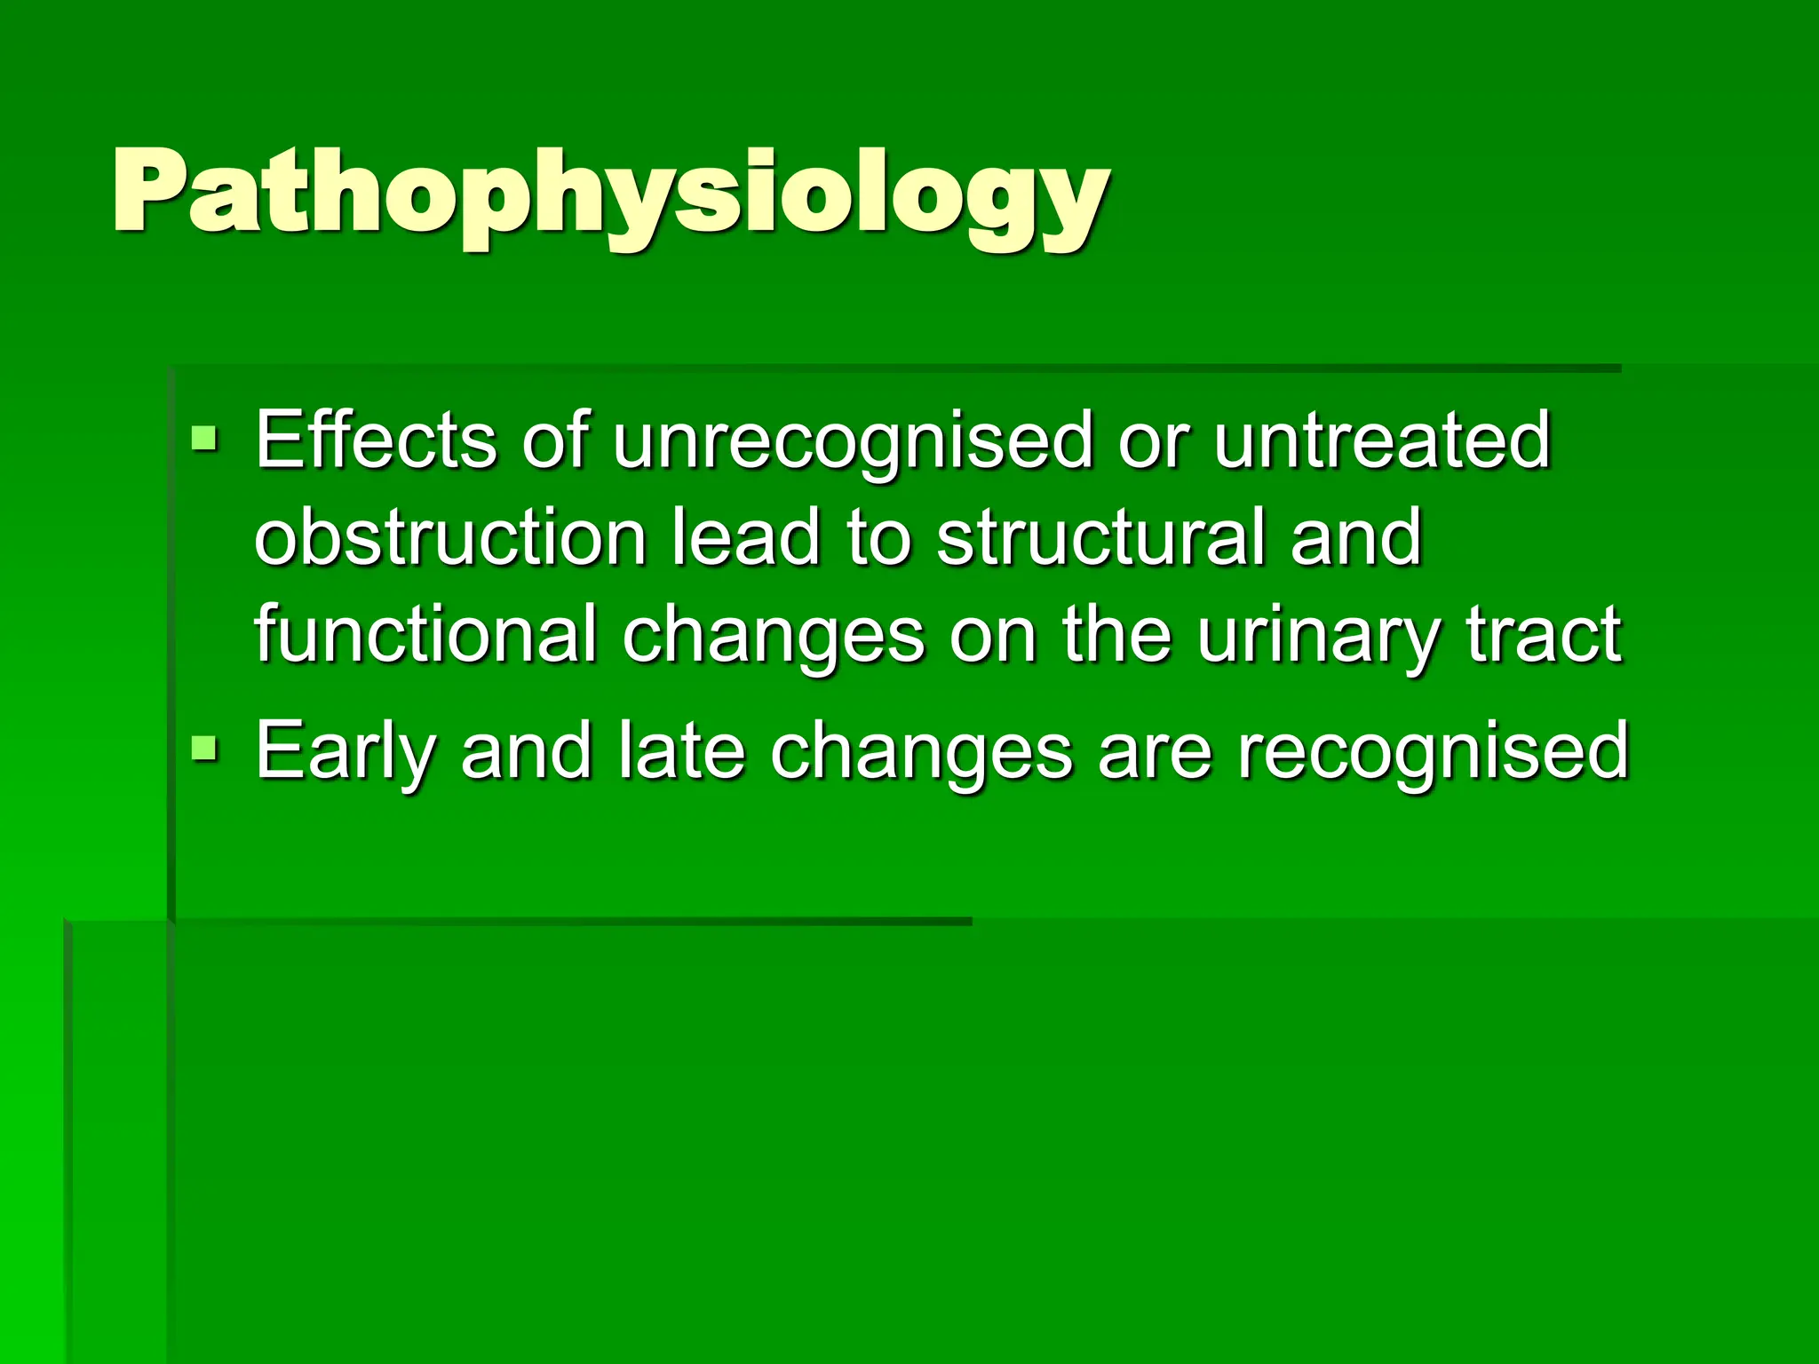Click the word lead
pyautogui.click(x=745, y=537)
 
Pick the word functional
pyautogui.click(x=425, y=634)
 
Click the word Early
pyautogui.click(x=346, y=752)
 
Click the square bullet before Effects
pyautogui.click(x=204, y=437)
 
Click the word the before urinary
pyautogui.click(x=1116, y=634)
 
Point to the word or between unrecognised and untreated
pyautogui.click(x=1152, y=441)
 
